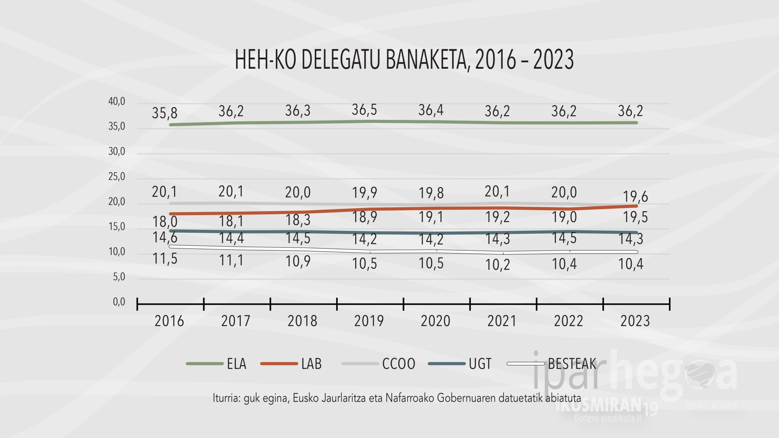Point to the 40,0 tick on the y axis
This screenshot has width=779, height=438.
pyautogui.click(x=117, y=101)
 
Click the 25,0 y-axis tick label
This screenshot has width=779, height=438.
pyautogui.click(x=117, y=176)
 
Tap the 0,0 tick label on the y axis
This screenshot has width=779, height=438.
pyautogui.click(x=119, y=302)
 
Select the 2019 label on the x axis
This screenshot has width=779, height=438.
pyautogui.click(x=369, y=321)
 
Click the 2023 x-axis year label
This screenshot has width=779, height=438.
pyautogui.click(x=635, y=321)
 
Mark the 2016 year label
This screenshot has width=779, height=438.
pyautogui.click(x=169, y=321)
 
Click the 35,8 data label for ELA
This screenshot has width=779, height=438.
pyautogui.click(x=165, y=113)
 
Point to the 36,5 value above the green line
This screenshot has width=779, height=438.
pyautogui.click(x=364, y=110)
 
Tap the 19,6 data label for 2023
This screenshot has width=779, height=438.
pyautogui.click(x=635, y=197)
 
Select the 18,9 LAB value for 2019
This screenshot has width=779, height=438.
pyautogui.click(x=364, y=217)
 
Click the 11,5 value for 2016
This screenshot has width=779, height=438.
pyautogui.click(x=165, y=259)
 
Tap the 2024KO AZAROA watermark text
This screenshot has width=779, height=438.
pyautogui.click(x=711, y=406)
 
